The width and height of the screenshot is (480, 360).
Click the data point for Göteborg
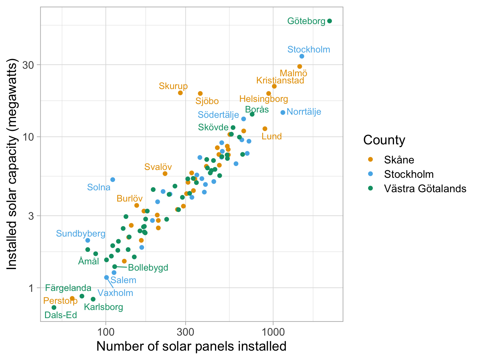tap(329, 21)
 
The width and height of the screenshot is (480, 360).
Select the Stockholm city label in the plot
tap(308, 49)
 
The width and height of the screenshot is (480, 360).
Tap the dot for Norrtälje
tap(283, 112)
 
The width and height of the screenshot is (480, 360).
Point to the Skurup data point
tap(180, 93)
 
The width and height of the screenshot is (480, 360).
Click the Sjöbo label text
tap(207, 101)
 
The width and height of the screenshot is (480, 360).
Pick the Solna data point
tap(113, 179)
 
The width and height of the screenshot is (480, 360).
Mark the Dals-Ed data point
tap(54, 307)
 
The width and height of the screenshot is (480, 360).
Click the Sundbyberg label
tap(81, 233)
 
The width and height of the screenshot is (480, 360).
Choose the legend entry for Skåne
tap(399, 160)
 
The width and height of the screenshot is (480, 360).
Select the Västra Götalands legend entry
tap(425, 188)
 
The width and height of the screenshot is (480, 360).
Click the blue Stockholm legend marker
tap(371, 174)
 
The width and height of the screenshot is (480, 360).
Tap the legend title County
tap(384, 140)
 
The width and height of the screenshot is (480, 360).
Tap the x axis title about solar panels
tap(191, 346)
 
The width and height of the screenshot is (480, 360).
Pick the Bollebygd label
tap(148, 267)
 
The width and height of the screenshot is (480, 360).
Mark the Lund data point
tap(265, 128)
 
